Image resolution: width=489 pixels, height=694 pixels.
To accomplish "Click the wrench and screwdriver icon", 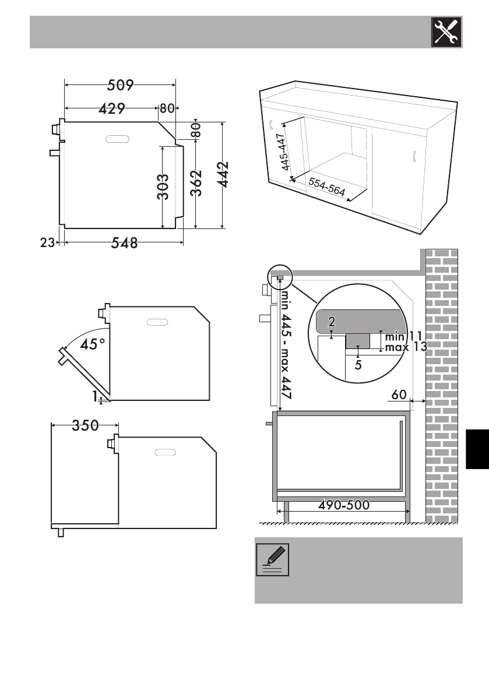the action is pyautogui.click(x=446, y=32).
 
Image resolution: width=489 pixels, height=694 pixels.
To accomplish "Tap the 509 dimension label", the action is pyautogui.click(x=121, y=84).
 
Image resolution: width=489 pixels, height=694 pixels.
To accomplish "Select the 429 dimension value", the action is pyautogui.click(x=111, y=108).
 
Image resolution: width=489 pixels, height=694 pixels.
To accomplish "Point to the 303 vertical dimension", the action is pyautogui.click(x=163, y=187).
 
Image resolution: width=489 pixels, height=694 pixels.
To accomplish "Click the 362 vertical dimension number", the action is pyautogui.click(x=196, y=183).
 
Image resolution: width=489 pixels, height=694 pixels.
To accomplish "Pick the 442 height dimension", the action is pyautogui.click(x=224, y=174).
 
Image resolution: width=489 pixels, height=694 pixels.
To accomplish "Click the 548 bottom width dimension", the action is pyautogui.click(x=124, y=242).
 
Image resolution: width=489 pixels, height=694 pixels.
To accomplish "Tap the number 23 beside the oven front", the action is pyautogui.click(x=47, y=242).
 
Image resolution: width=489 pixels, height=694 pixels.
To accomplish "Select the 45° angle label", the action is pyautogui.click(x=93, y=344).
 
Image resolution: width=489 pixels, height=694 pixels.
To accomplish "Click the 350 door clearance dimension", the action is pyautogui.click(x=86, y=425).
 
